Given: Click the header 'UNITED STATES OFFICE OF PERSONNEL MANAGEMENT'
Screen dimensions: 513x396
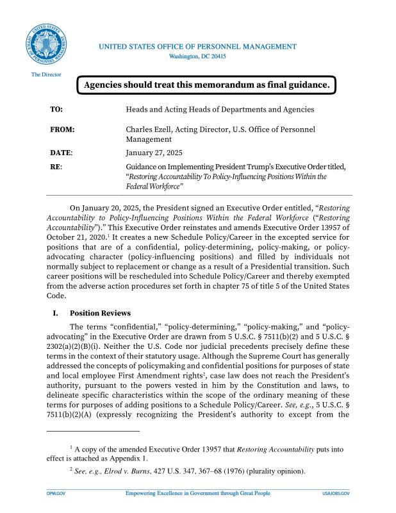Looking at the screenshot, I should click(197, 47).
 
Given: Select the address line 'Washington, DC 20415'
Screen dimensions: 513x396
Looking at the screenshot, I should click(197, 56).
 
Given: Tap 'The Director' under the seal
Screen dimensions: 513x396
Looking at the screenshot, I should click(46, 75).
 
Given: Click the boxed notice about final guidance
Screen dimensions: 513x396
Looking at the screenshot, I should click(206, 85).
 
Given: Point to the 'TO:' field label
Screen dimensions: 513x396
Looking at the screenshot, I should click(56, 110).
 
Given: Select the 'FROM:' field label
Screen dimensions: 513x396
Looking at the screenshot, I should click(62, 130).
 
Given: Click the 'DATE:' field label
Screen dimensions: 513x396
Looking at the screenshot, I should click(62, 153).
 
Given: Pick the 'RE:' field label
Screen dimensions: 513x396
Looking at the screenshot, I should click(56, 167).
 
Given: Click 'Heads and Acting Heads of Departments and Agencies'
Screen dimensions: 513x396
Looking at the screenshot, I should click(220, 110).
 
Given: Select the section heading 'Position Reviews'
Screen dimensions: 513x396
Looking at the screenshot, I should click(100, 314).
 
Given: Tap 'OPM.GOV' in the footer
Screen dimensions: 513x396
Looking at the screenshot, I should click(56, 494).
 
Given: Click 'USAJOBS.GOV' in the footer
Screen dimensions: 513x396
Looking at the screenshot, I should click(336, 494).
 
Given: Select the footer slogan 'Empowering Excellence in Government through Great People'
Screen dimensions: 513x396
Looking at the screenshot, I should click(197, 494).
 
